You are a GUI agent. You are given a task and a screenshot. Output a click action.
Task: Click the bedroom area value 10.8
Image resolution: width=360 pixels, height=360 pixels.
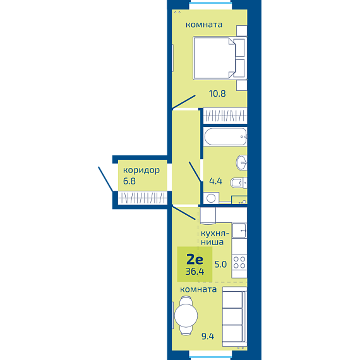pos(217,93)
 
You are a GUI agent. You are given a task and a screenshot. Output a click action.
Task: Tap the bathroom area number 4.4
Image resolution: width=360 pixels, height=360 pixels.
pos(215,181)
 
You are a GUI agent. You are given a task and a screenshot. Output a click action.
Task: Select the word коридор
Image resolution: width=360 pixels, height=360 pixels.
pos(141,171)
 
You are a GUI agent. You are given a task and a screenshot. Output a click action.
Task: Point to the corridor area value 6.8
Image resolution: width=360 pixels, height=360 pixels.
pos(129,181)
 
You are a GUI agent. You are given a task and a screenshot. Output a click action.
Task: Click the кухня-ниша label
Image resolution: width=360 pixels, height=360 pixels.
pos(215,237)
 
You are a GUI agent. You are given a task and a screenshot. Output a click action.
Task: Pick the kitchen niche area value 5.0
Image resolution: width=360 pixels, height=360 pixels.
pos(220,264)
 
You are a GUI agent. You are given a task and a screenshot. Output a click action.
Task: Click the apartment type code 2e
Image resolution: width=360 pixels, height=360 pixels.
pos(195,260)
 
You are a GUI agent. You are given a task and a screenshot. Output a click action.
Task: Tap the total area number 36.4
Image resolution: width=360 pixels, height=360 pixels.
pos(195,272)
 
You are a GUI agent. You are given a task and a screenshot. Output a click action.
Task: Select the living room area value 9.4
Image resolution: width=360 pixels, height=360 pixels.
pos(208,337)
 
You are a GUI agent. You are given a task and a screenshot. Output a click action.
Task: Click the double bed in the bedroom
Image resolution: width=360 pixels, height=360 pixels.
pos(220,58)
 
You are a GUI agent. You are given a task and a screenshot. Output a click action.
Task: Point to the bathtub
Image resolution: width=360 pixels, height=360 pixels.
pos(225,136)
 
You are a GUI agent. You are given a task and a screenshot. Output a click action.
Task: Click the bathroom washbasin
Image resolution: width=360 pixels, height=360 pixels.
pos(241,162)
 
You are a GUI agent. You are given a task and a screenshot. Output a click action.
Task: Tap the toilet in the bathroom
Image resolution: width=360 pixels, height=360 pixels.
pos(239,183)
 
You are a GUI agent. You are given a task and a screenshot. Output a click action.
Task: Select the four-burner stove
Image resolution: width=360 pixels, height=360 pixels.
pos(239,263)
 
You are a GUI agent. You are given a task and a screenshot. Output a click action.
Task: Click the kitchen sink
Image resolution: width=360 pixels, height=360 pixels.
pos(239,231)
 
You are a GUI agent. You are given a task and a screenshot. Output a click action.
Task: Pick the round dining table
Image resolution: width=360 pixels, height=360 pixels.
pos(186,315)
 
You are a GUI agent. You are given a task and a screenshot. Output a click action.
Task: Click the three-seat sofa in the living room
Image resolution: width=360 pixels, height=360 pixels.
pos(234,316)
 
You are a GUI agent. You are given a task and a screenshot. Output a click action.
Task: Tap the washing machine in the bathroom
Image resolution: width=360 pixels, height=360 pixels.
pos(211,198)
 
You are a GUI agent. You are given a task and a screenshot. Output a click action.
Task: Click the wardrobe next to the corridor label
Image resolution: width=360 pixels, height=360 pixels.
pos(143,198)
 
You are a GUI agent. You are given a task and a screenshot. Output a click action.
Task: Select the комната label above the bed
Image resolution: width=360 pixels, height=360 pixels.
pos(204,25)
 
